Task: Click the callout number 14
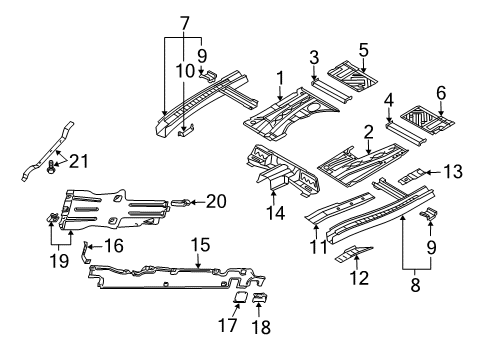pyautogui.click(x=275, y=213)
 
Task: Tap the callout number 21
pyautogui.click(x=78, y=161)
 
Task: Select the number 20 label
pyautogui.click(x=216, y=201)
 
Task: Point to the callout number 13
pyautogui.click(x=453, y=172)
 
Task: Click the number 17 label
pyautogui.click(x=228, y=325)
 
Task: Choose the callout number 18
pyautogui.click(x=261, y=327)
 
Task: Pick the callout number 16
pyautogui.click(x=114, y=246)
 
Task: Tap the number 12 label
pyautogui.click(x=359, y=278)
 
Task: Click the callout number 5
pyautogui.click(x=364, y=50)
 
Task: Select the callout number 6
pyautogui.click(x=441, y=93)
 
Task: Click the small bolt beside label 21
pyautogui.click(x=51, y=166)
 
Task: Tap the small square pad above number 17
pyautogui.click(x=240, y=296)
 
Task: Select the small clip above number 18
pyautogui.click(x=261, y=297)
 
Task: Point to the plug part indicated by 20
pyautogui.click(x=180, y=202)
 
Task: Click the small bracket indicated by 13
pyautogui.click(x=413, y=175)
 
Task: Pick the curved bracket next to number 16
pyautogui.click(x=85, y=252)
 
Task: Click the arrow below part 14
pyautogui.click(x=274, y=197)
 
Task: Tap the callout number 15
pyautogui.click(x=200, y=245)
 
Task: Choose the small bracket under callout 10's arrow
pyautogui.click(x=186, y=130)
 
